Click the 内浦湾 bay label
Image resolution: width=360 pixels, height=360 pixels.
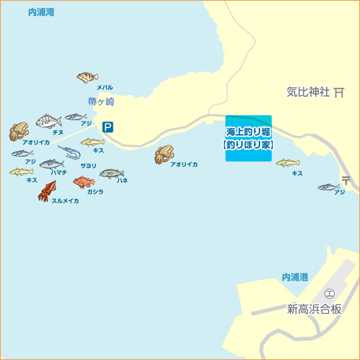[x=41, y=13]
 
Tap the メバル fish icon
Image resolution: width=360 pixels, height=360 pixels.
[x=87, y=77]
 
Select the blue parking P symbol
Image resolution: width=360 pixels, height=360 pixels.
[x=107, y=127]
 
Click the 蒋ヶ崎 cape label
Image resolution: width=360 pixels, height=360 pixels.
[x=101, y=102]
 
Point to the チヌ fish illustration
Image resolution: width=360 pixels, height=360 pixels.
[x=48, y=121]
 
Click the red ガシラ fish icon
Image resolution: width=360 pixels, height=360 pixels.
[x=83, y=181]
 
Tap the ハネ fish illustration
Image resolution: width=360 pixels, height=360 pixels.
[x=111, y=173]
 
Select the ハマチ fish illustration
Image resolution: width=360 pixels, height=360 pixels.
[x=51, y=164]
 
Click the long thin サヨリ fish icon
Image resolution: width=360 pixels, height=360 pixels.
[x=69, y=153]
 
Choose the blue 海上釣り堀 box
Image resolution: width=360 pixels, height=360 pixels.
[x=248, y=138]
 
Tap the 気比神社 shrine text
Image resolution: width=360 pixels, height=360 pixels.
[x=308, y=93]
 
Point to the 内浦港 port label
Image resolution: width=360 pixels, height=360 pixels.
[x=295, y=276]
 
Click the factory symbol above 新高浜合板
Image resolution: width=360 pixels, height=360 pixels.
[x=329, y=293]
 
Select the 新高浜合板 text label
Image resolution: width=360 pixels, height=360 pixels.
[x=314, y=309]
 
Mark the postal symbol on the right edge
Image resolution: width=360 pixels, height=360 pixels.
[x=346, y=179]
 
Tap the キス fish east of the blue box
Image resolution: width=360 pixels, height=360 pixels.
[x=287, y=163]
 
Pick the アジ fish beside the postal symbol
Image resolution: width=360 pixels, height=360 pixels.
[x=329, y=187]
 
